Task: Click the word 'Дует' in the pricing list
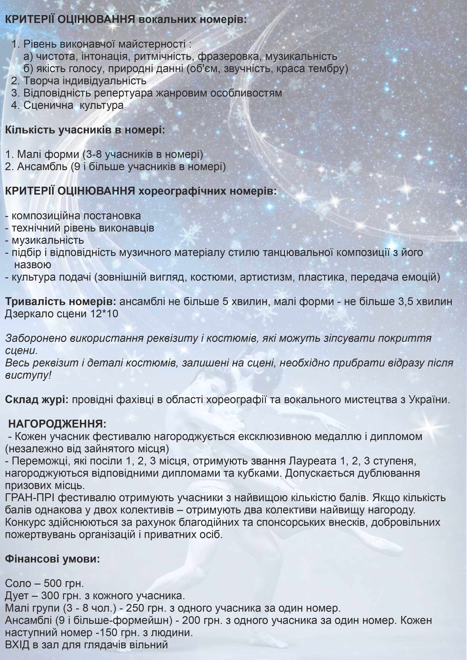point(17,596)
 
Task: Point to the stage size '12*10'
point(104,314)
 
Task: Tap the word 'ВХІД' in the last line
point(17,645)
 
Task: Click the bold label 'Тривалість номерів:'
point(61,301)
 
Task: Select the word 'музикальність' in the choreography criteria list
point(48,240)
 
